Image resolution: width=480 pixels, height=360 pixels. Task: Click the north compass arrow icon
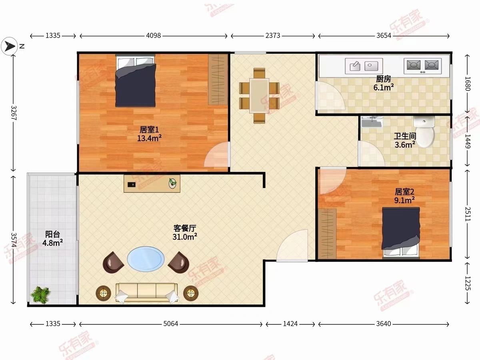[x=9, y=46]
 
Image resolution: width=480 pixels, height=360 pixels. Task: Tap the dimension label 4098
[x=154, y=36]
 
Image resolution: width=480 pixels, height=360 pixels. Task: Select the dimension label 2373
[x=273, y=36]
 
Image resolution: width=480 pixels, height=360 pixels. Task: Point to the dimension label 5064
[x=171, y=324]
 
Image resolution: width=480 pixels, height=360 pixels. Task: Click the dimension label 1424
[x=290, y=324]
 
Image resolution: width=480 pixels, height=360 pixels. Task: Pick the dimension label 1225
[x=467, y=283]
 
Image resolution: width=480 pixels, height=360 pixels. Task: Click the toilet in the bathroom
[x=424, y=131]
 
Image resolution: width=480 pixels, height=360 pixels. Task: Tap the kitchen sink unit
[x=364, y=66]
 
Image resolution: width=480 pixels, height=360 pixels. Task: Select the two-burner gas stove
[x=422, y=66]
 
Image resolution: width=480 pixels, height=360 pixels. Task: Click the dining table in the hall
[x=259, y=96]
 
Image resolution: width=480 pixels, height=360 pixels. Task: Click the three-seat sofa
[x=146, y=293]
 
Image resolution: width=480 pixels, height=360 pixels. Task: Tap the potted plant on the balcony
[x=41, y=295]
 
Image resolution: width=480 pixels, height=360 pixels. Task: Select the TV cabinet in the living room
[x=152, y=184]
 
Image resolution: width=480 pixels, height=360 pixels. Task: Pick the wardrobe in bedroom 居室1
[x=218, y=80]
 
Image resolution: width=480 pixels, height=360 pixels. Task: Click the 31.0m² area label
[x=184, y=237]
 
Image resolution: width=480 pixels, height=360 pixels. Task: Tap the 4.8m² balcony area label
[x=52, y=243]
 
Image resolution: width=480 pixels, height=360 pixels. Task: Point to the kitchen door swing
[x=330, y=96]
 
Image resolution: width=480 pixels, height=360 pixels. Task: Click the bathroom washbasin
[x=372, y=122]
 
